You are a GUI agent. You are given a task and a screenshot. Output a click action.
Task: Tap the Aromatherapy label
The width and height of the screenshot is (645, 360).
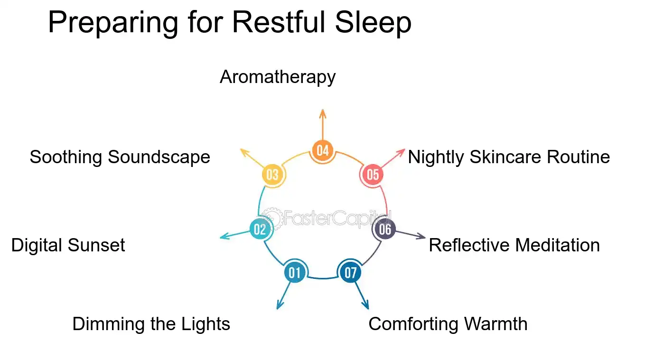(x=278, y=77)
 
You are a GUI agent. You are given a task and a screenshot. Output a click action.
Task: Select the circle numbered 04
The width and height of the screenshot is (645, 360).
(x=322, y=151)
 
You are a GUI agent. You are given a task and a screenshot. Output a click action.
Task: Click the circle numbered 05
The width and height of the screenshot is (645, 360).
(x=373, y=175)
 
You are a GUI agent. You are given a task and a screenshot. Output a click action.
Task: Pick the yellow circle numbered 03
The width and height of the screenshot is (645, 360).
(x=272, y=175)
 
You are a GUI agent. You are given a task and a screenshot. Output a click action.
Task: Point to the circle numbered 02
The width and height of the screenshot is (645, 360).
(x=260, y=230)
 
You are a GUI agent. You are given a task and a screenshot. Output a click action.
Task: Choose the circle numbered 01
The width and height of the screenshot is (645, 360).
(x=295, y=273)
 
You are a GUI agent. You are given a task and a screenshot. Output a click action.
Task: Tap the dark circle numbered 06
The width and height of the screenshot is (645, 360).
(x=385, y=230)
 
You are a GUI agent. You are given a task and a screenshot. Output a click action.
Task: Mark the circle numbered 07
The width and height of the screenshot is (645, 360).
(x=350, y=273)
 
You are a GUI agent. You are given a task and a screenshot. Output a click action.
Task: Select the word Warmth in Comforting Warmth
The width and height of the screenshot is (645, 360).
(x=495, y=324)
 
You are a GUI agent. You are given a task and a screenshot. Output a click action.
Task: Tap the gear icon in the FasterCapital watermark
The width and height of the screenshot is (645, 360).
(x=272, y=218)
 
